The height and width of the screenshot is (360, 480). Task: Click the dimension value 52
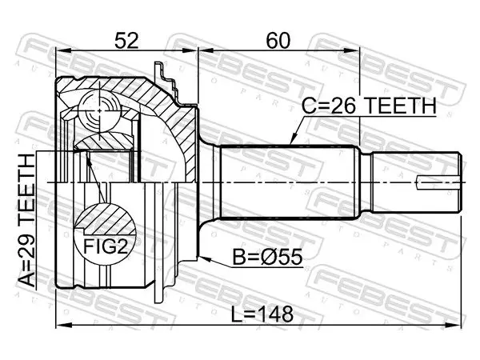click(126, 41)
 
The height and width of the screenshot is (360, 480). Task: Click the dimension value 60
click(278, 41)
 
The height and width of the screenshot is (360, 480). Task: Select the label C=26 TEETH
click(369, 106)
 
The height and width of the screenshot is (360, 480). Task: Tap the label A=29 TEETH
click(26, 221)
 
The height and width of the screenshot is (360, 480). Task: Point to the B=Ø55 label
click(267, 257)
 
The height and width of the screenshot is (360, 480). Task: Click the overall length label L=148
click(262, 314)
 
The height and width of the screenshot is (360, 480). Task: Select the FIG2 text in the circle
click(105, 246)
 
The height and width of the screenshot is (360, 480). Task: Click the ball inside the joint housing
click(99, 110)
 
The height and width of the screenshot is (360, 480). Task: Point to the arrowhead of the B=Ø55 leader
click(204, 258)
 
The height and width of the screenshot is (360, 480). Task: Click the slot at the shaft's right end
click(438, 182)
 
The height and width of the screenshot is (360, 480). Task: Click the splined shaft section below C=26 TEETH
click(290, 182)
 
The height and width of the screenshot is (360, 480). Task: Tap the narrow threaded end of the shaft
click(416, 182)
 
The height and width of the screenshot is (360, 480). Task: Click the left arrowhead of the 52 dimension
click(62, 51)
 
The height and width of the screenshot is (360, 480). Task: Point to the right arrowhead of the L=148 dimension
click(454, 326)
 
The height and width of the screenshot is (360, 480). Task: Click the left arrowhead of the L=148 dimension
click(62, 326)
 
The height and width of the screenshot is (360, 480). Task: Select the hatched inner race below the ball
click(104, 142)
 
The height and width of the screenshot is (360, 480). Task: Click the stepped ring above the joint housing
click(167, 80)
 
